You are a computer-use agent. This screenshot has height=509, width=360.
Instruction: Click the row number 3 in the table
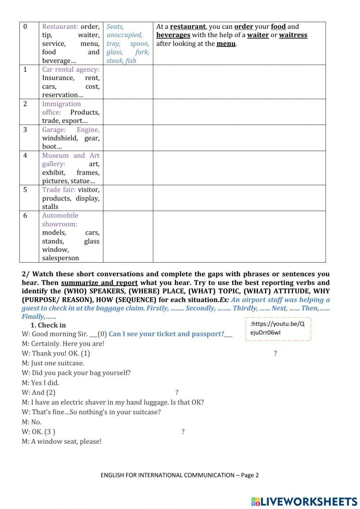[25, 130]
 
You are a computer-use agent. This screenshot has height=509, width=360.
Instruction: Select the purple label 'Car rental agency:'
[71, 69]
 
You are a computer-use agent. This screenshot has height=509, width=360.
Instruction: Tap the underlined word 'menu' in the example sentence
[226, 44]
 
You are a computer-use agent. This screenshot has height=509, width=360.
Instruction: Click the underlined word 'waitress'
[293, 35]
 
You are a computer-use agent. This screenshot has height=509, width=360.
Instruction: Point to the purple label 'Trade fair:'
[59, 189]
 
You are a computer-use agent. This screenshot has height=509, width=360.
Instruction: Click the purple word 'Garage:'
[54, 130]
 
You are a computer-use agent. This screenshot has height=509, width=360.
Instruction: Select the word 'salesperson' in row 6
[60, 258]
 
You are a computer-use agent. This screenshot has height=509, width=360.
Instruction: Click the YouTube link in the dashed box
[278, 328]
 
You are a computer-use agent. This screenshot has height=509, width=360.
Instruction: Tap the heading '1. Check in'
[48, 325]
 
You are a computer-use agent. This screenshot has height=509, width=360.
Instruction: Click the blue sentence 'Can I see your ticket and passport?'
[166, 334]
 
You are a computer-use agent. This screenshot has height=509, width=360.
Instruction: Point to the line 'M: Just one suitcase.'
[53, 363]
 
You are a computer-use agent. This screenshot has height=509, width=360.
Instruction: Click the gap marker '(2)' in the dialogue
[51, 393]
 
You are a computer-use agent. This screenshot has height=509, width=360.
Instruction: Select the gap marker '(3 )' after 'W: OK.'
[50, 432]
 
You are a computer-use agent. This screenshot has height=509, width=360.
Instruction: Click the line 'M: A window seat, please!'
[62, 441]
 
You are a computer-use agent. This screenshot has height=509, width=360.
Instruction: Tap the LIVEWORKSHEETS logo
[304, 501]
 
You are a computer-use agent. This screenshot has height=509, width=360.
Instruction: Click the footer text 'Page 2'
[249, 475]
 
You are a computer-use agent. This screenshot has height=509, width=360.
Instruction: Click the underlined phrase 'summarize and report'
[99, 283]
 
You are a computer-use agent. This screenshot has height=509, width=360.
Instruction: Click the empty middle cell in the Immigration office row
[128, 112]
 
